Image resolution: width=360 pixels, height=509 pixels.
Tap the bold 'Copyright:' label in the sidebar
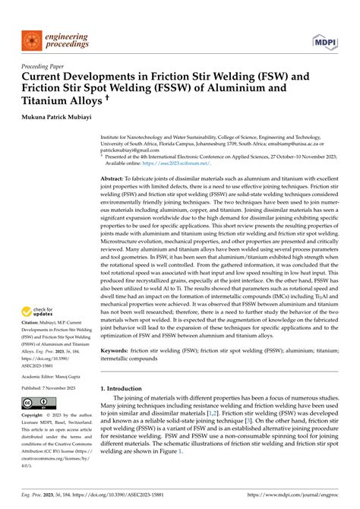[36, 416]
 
